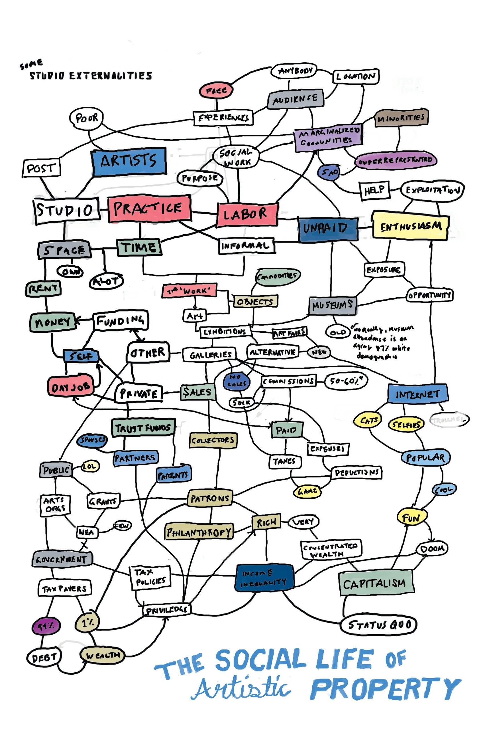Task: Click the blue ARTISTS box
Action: click(129, 161)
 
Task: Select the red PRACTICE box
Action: click(149, 209)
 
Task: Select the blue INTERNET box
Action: click(417, 394)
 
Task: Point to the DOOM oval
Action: click(432, 548)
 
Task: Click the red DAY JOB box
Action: click(71, 387)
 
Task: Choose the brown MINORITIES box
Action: click(401, 118)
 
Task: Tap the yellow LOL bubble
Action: click(90, 467)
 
